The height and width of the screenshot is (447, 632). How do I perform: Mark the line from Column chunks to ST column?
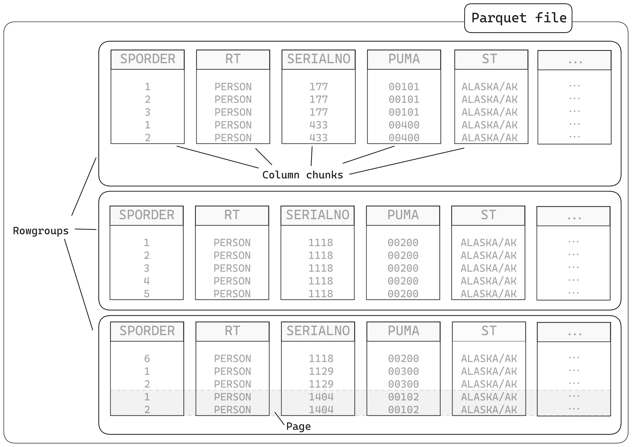coord(407,161)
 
